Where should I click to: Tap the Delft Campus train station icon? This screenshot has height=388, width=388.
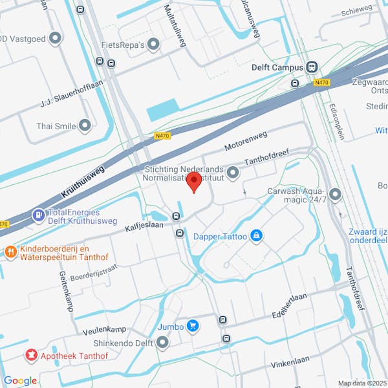click(x=312, y=67)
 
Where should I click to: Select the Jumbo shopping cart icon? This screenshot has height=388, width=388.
click(x=192, y=326)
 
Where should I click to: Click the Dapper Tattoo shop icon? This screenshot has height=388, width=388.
click(x=256, y=236)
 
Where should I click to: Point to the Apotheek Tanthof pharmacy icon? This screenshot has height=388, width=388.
click(x=30, y=354)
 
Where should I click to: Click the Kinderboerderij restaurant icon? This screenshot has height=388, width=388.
click(x=10, y=251)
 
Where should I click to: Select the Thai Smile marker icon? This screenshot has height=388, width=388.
click(x=85, y=126)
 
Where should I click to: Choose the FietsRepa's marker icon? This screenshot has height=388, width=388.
click(x=153, y=45)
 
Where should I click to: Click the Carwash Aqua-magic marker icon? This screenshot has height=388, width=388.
click(x=335, y=194)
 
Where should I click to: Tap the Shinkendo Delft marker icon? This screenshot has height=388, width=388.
click(x=162, y=343)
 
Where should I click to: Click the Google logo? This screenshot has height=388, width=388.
click(x=20, y=380)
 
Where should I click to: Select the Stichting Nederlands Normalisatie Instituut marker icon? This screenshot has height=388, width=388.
click(x=233, y=172)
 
